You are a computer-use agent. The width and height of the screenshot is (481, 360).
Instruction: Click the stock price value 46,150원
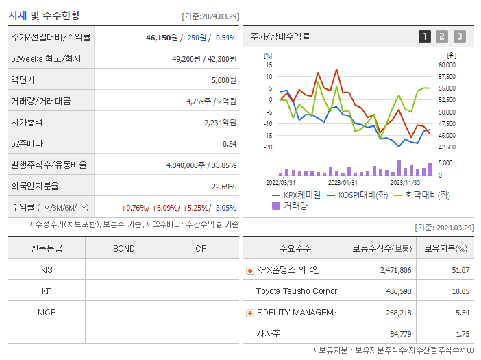(162, 38)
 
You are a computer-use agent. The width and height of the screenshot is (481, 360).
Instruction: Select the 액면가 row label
(21, 80)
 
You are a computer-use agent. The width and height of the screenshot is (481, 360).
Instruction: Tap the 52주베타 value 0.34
(230, 144)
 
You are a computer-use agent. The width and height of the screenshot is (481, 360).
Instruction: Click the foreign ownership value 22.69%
(224, 187)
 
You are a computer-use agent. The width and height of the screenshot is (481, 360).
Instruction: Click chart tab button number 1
(425, 37)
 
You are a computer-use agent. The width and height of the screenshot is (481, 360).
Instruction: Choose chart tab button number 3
(459, 37)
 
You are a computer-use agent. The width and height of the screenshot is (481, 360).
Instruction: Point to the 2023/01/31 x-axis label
(343, 183)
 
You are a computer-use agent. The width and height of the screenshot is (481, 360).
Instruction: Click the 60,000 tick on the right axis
(447, 64)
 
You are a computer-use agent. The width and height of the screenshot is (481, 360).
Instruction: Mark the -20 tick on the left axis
(269, 147)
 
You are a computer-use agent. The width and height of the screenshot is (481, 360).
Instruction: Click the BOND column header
(124, 248)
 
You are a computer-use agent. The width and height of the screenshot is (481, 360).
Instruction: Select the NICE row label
(47, 312)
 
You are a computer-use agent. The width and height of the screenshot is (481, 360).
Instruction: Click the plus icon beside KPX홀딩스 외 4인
(249, 271)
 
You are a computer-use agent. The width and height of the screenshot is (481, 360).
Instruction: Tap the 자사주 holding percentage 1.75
(462, 334)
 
